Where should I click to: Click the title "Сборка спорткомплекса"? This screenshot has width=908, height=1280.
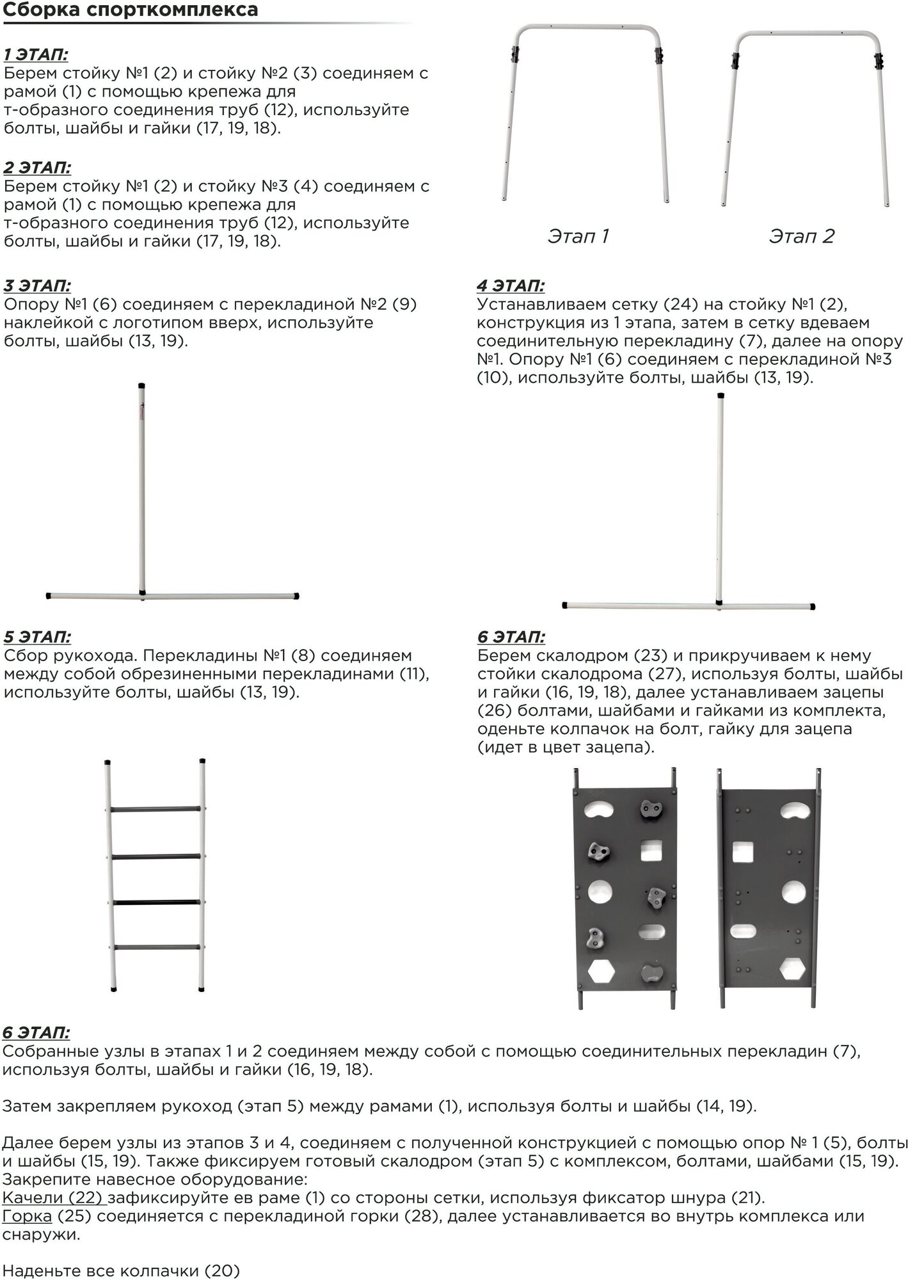pyautogui.click(x=131, y=11)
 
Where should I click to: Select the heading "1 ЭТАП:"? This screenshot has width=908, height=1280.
pyautogui.click(x=36, y=54)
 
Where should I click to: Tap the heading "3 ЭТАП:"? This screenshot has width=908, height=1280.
pyautogui.click(x=37, y=285)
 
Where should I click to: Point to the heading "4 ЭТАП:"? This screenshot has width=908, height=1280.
pyautogui.click(x=511, y=285)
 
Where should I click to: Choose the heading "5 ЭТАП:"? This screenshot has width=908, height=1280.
pyautogui.click(x=37, y=637)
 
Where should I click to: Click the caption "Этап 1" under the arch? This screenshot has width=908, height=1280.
pyautogui.click(x=578, y=236)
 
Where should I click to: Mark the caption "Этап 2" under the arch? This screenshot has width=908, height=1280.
pyautogui.click(x=801, y=236)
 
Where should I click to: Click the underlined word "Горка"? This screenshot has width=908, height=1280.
pyautogui.click(x=28, y=1216)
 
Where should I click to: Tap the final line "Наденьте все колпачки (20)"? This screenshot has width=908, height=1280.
pyautogui.click(x=121, y=1270)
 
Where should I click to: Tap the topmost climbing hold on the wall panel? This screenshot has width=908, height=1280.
pyautogui.click(x=652, y=811)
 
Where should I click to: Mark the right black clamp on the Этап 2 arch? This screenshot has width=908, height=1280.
pyautogui.click(x=879, y=62)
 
